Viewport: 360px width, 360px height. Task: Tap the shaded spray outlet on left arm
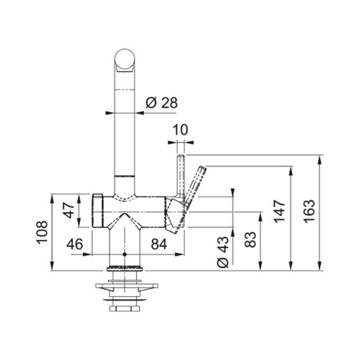tap(100, 210)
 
